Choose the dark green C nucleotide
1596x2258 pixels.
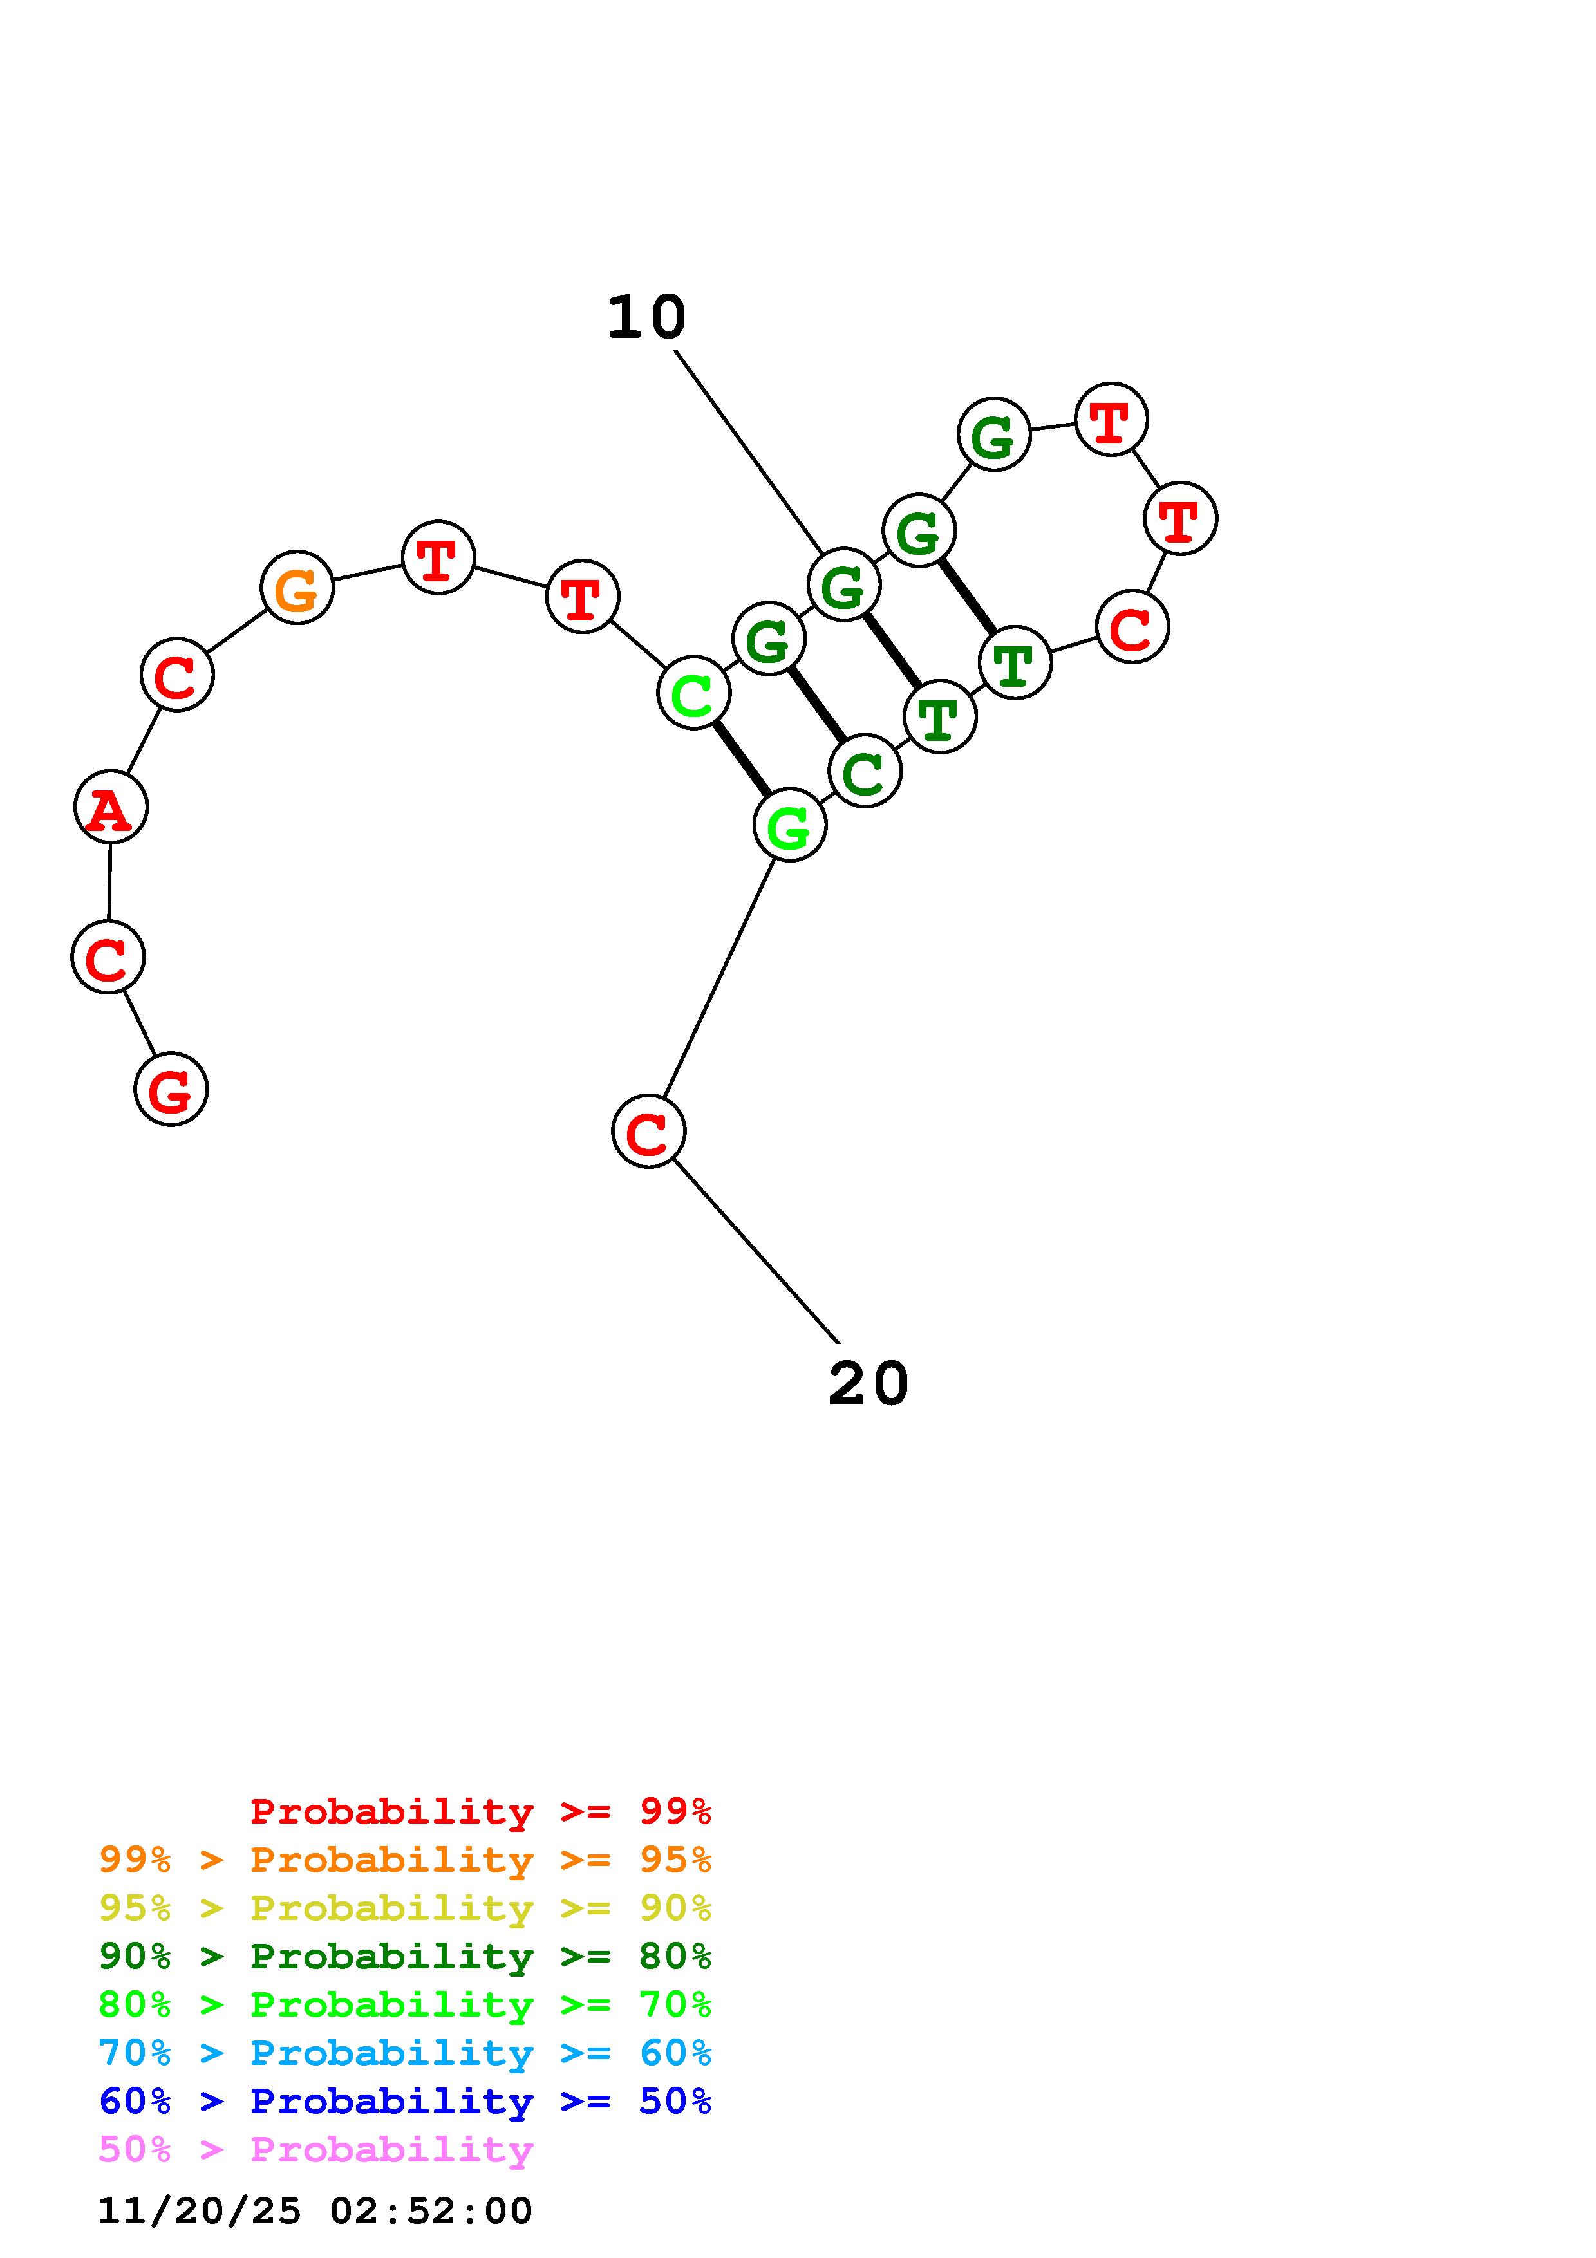tap(865, 771)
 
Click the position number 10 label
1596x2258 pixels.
tap(646, 318)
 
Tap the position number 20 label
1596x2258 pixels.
tap(868, 1384)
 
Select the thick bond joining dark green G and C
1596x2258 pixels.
tap(817, 705)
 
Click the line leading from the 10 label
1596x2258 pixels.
tap(747, 451)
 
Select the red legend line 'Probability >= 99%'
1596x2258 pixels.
tap(480, 1811)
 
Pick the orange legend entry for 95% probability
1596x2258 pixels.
tap(405, 1860)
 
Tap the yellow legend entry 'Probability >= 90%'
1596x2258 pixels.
tap(405, 1908)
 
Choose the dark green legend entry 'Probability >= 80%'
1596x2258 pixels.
tap(405, 1956)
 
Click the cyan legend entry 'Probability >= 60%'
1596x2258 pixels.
tap(405, 2053)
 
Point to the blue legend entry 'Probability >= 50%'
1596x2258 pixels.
tap(405, 2101)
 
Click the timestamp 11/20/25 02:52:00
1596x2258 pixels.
tap(315, 2211)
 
